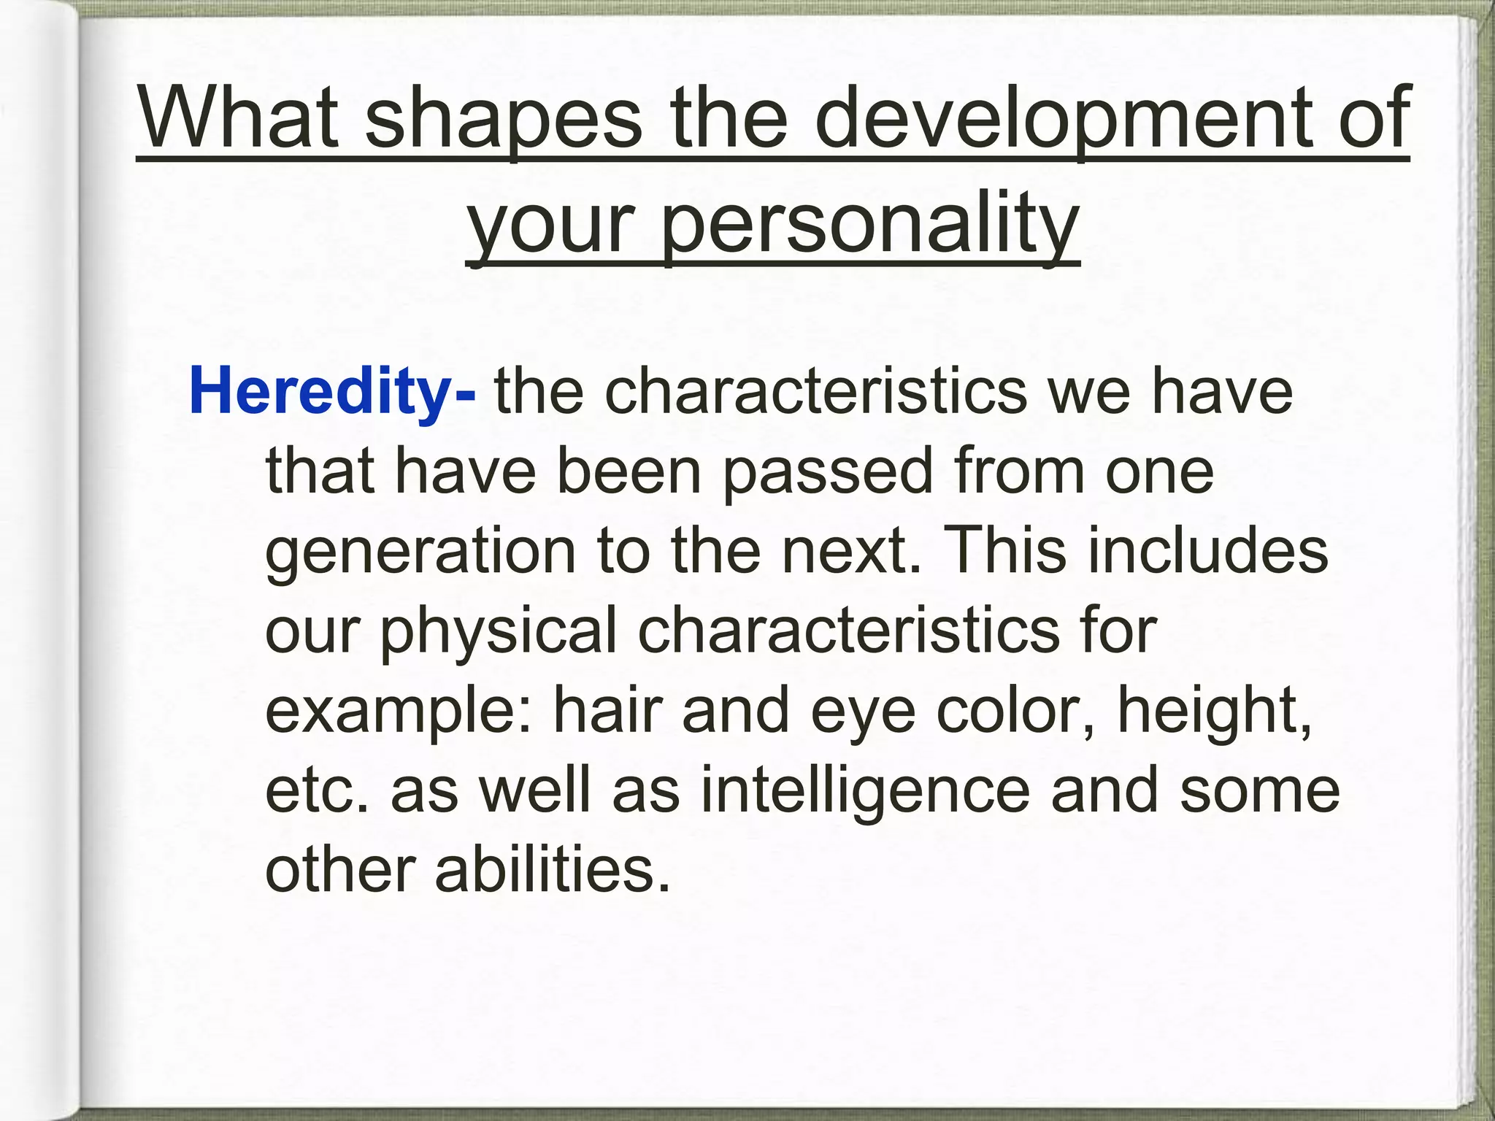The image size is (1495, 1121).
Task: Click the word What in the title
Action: point(239,117)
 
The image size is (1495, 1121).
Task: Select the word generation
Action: point(420,553)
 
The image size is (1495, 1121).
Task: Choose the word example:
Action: point(399,712)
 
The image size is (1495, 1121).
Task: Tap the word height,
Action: point(1215,712)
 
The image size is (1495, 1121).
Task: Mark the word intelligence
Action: point(864,792)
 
